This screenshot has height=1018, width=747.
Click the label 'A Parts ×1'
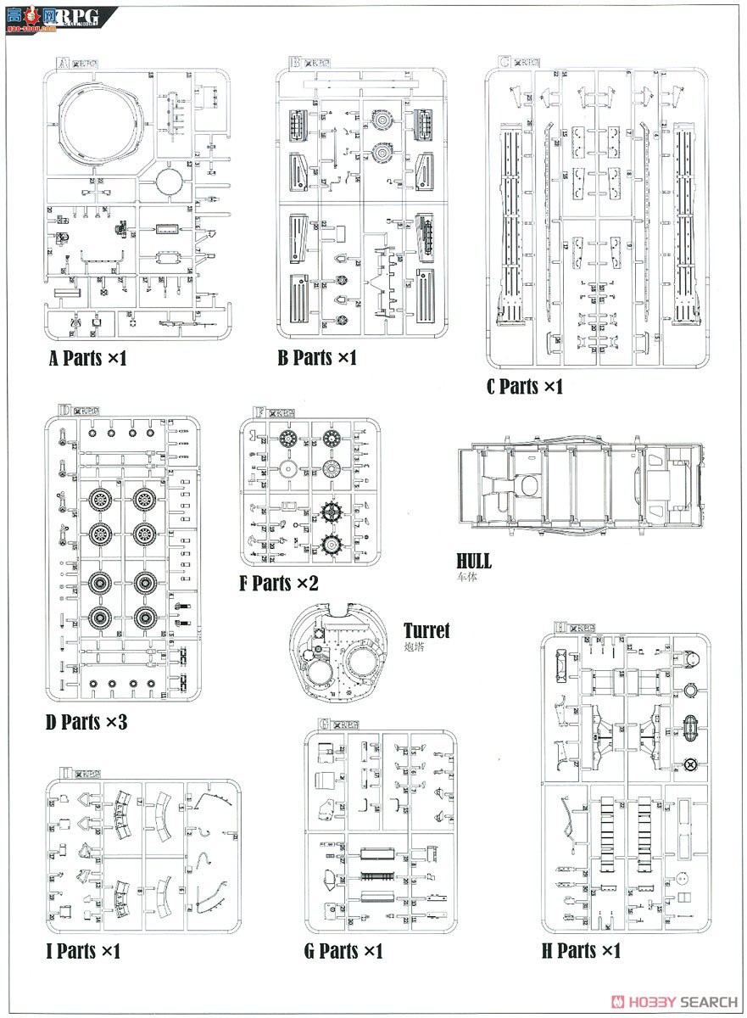(87, 358)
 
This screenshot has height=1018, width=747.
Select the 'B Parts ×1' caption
(317, 358)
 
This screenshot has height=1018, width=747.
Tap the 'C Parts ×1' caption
(524, 387)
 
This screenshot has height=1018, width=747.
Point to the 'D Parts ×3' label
(86, 723)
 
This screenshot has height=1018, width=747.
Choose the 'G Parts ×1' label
(343, 951)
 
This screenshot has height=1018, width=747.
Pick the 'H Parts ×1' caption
(581, 951)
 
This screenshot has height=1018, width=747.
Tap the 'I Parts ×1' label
(83, 951)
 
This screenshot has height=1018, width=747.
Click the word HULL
(474, 562)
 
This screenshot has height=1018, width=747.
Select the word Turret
(426, 630)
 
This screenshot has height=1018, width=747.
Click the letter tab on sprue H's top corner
(560, 627)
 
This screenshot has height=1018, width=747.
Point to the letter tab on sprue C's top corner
(505, 62)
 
